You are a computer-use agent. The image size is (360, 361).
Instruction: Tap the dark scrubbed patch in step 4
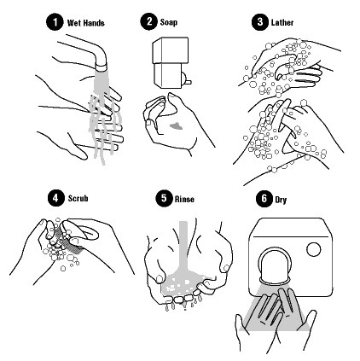[x=70, y=238]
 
